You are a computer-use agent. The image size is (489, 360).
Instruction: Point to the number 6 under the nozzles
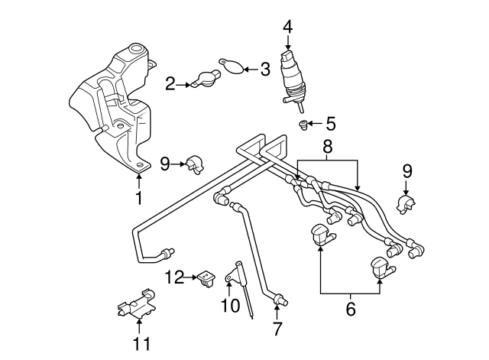351,309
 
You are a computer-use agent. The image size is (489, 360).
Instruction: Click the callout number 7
277,329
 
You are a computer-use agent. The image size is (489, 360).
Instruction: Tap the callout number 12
176,277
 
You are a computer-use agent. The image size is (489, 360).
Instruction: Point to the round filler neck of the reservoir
135,54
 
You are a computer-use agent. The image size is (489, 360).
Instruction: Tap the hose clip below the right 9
405,203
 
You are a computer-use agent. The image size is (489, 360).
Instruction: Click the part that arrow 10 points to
237,271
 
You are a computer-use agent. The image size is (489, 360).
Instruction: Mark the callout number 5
330,123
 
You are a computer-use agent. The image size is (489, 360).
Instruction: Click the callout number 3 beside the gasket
264,70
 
